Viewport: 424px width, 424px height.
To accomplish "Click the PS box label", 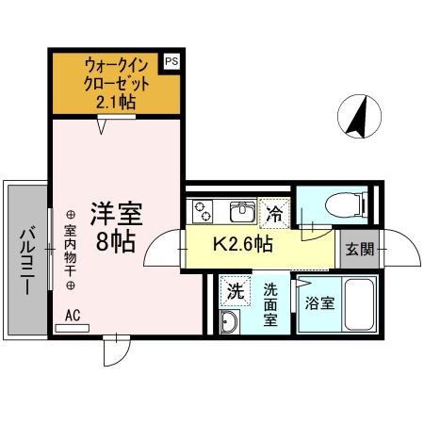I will (x=171, y=61).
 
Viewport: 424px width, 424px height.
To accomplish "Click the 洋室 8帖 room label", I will (x=112, y=226).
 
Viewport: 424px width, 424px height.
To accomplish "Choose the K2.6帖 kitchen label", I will (x=242, y=245).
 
